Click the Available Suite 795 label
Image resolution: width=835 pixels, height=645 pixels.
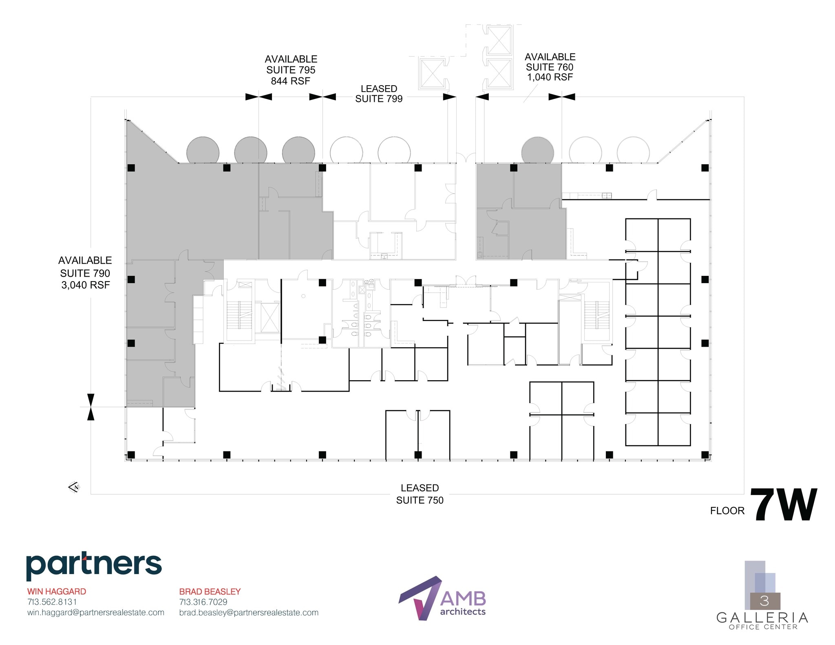(x=291, y=70)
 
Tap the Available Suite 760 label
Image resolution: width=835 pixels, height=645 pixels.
(x=550, y=67)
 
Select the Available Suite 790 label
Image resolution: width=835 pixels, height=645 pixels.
(x=85, y=272)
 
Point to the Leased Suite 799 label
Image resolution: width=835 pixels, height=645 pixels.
(x=379, y=94)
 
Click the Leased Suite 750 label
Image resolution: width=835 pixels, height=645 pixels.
(x=420, y=494)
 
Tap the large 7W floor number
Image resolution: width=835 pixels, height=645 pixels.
(x=783, y=505)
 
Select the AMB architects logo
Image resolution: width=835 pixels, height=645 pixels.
(x=442, y=598)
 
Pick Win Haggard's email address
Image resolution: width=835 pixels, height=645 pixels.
(x=96, y=612)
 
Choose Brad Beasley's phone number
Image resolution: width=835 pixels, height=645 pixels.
(x=203, y=602)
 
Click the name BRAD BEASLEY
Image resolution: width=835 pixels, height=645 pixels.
(x=210, y=591)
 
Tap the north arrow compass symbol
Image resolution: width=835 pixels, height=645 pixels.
(x=74, y=487)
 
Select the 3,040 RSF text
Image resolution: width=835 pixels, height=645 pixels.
(x=86, y=285)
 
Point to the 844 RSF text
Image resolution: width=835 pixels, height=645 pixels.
(x=290, y=81)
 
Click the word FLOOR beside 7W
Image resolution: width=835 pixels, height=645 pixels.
(x=727, y=511)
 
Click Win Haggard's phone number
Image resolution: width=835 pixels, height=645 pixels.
(x=52, y=602)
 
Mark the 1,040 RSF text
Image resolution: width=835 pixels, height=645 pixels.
(x=550, y=77)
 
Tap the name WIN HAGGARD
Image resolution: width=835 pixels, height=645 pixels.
(x=57, y=591)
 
